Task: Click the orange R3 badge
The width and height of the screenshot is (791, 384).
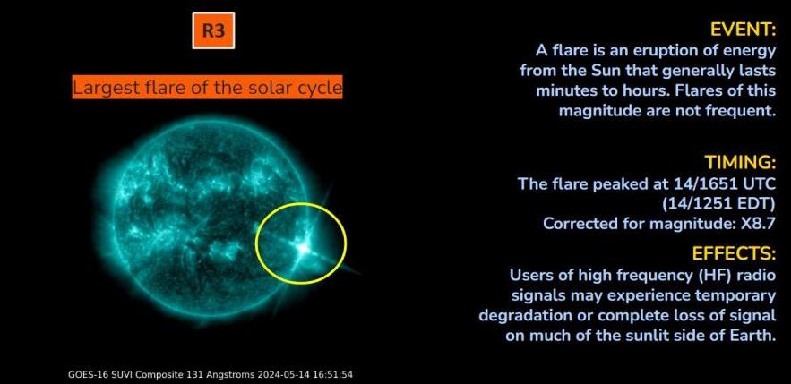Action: coord(213,30)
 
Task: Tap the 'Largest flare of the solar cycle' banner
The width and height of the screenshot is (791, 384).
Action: coord(207,87)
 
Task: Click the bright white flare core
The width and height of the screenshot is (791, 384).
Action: coord(303,248)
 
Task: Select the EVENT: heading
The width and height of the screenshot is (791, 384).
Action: coord(743,30)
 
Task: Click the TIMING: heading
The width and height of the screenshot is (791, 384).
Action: coord(740,162)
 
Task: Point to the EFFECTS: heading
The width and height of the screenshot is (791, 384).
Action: coord(734,253)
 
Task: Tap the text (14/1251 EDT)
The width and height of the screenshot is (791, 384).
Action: coord(718,203)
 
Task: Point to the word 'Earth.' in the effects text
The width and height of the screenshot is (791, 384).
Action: coord(752,335)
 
